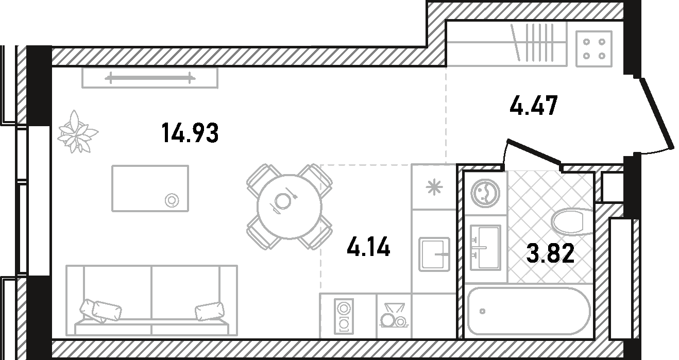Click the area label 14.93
point(190,133)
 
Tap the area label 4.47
point(533,106)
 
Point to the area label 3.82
point(550,254)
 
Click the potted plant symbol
point(78,132)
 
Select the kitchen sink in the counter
point(434,254)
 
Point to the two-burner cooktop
point(343,316)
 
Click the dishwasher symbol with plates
point(394,315)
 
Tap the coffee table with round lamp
point(150,188)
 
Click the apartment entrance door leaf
point(657,113)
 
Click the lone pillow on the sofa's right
point(210,312)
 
